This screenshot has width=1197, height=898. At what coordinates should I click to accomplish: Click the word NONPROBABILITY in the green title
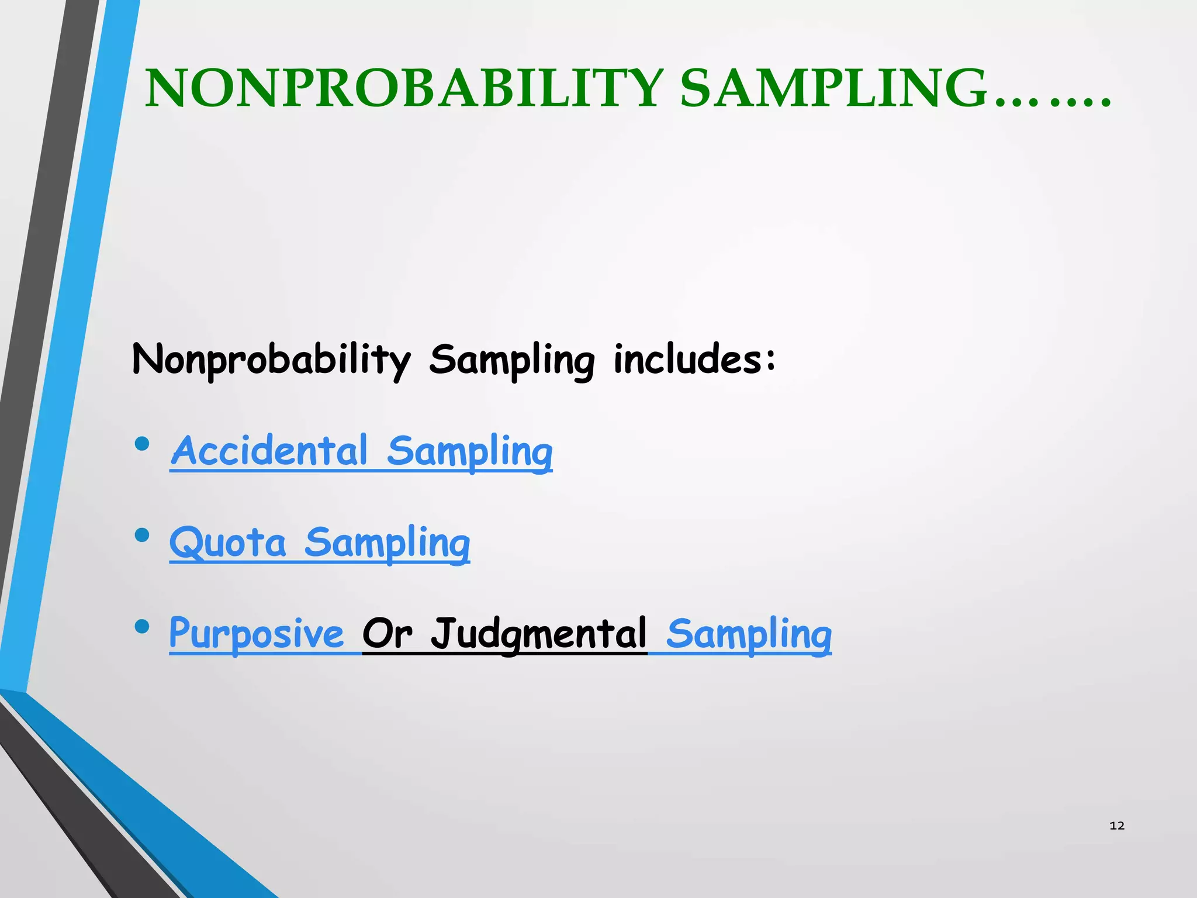[403, 89]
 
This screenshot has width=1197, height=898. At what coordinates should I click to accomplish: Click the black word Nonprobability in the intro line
[271, 359]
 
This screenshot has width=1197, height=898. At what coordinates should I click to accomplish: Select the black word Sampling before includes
[511, 359]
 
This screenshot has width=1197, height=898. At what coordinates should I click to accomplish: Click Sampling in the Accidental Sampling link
[469, 451]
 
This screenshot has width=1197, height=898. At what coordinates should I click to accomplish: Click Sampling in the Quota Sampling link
[387, 543]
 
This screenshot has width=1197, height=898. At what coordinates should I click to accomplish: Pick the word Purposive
[256, 633]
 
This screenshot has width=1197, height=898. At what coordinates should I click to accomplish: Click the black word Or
[387, 633]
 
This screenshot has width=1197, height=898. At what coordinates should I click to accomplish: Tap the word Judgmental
[539, 633]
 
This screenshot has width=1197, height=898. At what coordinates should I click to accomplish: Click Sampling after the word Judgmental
[749, 634]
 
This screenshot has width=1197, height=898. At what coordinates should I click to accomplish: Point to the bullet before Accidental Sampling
[141, 444]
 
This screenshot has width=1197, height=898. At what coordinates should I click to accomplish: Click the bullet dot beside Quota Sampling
[141, 535]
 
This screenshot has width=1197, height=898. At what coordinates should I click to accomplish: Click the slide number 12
[1116, 826]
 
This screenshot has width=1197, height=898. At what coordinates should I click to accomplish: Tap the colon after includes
[771, 360]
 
